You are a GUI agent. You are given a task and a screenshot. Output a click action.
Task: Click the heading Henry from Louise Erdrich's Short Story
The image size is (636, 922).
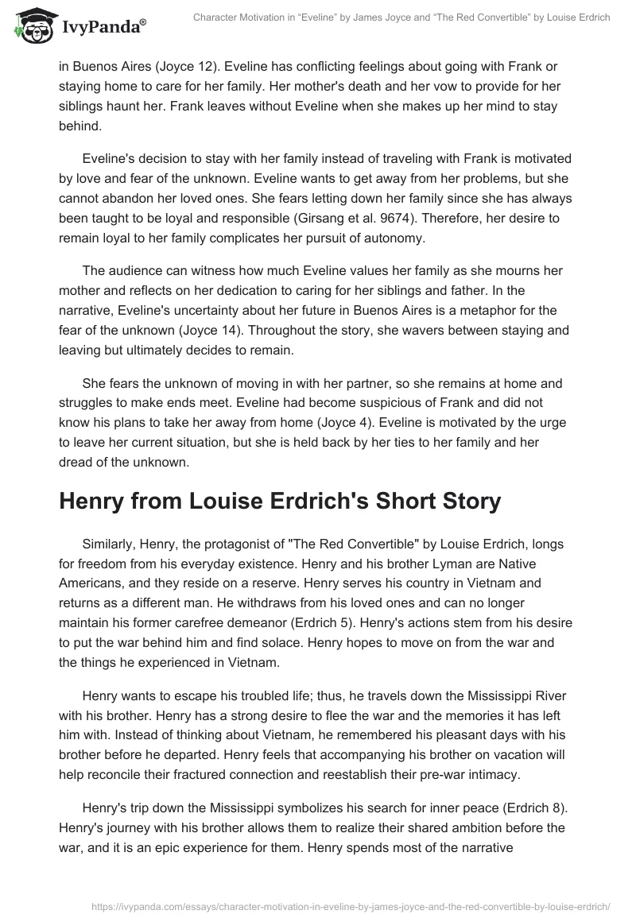point(280,501)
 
